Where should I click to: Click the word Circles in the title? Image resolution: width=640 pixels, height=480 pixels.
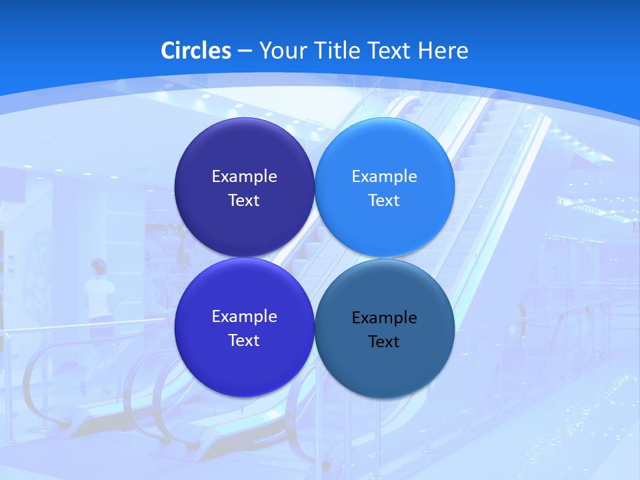tap(196, 51)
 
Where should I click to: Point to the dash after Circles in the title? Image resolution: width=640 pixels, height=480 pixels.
tap(244, 51)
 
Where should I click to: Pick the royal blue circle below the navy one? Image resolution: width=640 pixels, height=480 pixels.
tap(244, 363)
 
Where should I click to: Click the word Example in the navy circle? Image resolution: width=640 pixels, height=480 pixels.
tap(244, 177)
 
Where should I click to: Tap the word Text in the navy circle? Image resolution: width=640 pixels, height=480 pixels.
tap(244, 201)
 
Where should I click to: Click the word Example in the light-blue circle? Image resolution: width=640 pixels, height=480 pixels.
tap(384, 177)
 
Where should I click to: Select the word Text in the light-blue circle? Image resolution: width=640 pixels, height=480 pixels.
tap(384, 201)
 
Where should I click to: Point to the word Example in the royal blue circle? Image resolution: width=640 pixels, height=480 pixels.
tap(244, 317)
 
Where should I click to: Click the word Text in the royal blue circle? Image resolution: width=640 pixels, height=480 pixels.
tap(244, 341)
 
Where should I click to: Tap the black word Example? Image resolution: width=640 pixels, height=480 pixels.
tap(384, 318)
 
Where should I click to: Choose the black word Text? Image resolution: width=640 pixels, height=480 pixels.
tap(384, 342)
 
